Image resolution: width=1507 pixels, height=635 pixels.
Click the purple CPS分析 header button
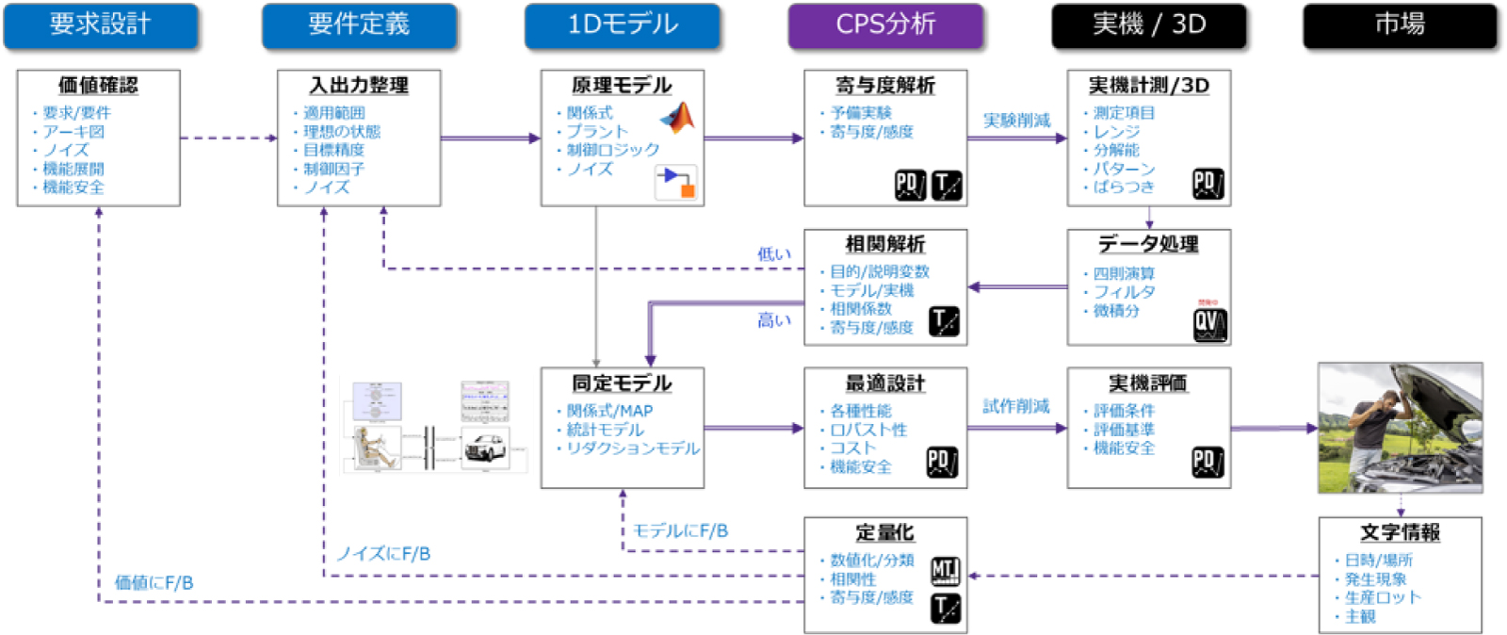click(x=885, y=24)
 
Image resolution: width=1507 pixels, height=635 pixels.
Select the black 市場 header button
click(x=1400, y=24)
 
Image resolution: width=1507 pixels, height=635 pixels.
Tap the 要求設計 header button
click(x=101, y=24)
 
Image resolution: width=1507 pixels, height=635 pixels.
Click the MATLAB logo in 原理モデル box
click(x=677, y=118)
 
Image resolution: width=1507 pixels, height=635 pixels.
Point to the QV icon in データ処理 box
click(x=1209, y=323)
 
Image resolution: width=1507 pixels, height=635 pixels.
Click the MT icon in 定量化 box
click(x=945, y=571)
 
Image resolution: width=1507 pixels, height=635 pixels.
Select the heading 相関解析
click(x=885, y=244)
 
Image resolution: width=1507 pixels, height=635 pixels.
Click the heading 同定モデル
click(x=622, y=383)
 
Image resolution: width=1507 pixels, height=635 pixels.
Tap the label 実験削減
click(x=1016, y=121)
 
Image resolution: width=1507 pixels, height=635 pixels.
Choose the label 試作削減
click(x=1016, y=406)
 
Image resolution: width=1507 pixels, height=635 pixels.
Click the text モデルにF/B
click(x=680, y=531)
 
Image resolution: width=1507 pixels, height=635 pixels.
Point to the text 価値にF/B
click(x=154, y=583)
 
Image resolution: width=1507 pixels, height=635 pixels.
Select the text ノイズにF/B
click(x=383, y=554)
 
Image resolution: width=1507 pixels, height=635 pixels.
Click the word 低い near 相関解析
click(x=774, y=254)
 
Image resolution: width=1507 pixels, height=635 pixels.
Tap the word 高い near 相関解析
click(x=774, y=321)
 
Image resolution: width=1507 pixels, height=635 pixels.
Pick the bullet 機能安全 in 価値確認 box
click(x=73, y=187)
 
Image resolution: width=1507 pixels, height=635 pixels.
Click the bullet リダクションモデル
click(x=633, y=448)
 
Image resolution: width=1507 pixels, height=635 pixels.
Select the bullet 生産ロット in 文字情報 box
click(x=1383, y=597)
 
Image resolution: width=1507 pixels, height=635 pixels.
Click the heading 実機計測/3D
click(x=1149, y=86)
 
